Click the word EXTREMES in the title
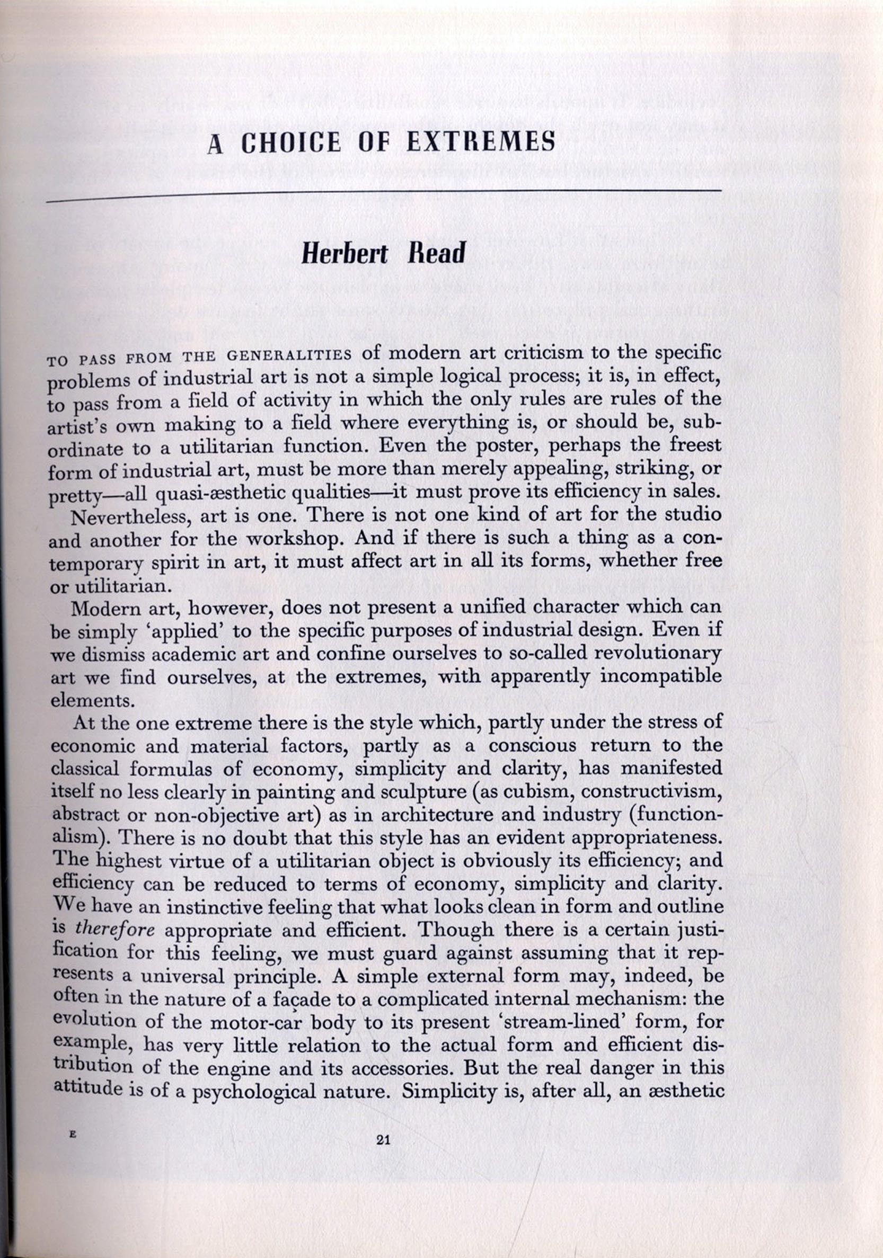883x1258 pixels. click(x=481, y=144)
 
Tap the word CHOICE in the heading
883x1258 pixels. click(x=291, y=144)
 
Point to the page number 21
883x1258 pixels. click(x=383, y=1140)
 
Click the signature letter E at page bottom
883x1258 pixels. click(x=72, y=1136)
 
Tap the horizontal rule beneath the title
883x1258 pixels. click(x=384, y=194)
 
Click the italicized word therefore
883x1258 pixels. click(x=116, y=930)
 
